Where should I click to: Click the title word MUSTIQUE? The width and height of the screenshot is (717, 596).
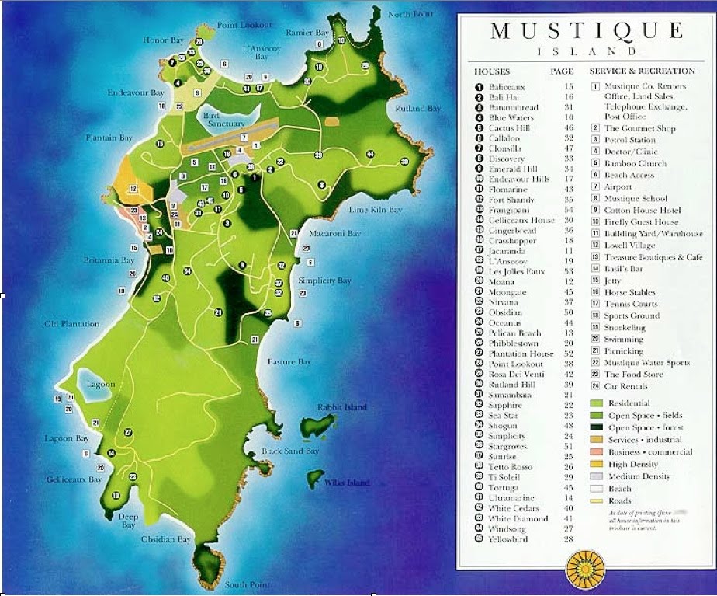point(587,31)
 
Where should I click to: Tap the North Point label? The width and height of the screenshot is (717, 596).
point(410,14)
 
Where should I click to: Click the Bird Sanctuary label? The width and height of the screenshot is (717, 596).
point(223,119)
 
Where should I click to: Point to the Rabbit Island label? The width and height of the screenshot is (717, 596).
point(342,407)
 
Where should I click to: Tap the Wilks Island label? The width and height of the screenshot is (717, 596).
point(347,483)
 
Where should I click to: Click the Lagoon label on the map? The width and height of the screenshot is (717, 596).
point(101,384)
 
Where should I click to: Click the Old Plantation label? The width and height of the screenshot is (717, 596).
point(72,323)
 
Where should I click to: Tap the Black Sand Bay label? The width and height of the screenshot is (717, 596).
point(290,451)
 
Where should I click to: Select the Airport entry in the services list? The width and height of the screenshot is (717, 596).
point(618,186)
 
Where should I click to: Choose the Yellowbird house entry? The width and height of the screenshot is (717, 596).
point(508,538)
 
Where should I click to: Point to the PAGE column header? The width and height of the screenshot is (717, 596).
point(562,71)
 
